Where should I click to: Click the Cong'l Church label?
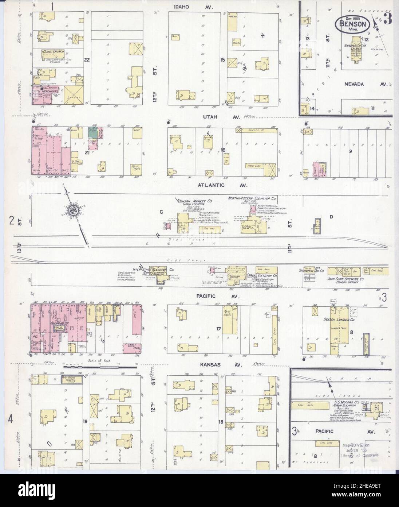(x=51, y=51)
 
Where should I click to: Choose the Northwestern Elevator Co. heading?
(x=252, y=198)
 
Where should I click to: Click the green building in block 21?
(x=94, y=134)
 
